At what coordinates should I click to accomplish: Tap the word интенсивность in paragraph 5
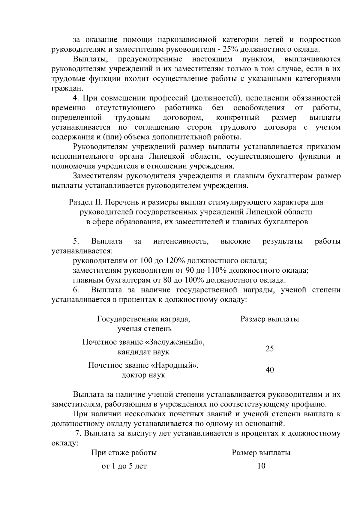pos(181,241)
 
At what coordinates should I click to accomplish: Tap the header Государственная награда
pos(143,319)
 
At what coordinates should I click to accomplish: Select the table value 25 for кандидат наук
pos(269,349)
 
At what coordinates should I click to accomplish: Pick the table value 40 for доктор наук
pos(269,370)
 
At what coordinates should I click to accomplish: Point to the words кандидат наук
pos(143,352)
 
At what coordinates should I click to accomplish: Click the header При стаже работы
pos(124,453)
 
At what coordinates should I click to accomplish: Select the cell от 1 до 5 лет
pos(124,466)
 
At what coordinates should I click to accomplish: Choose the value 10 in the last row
pos(261,466)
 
